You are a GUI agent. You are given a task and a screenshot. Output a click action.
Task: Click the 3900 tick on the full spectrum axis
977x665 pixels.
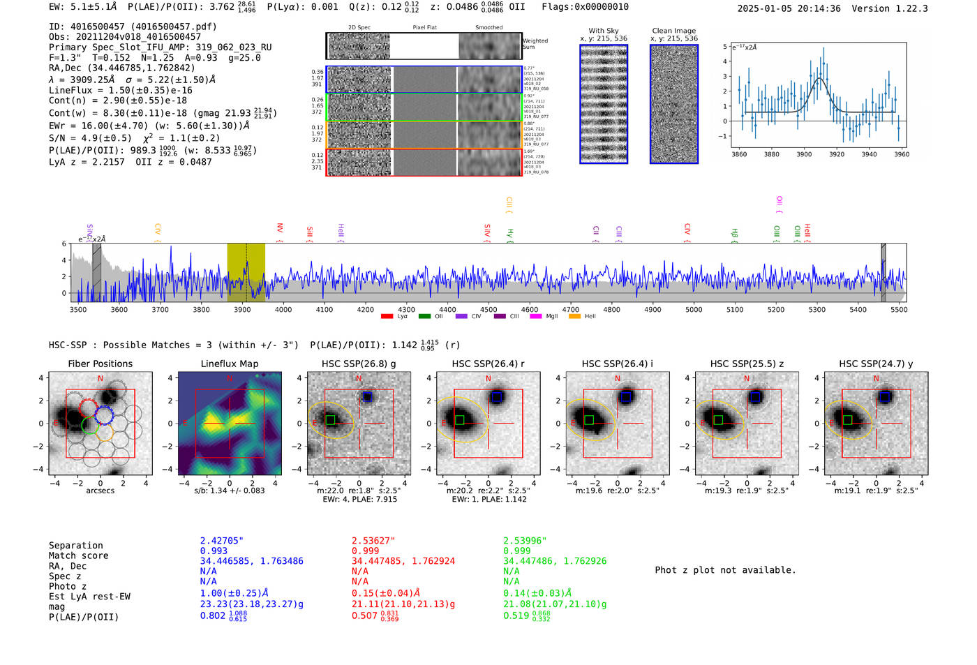click(x=242, y=310)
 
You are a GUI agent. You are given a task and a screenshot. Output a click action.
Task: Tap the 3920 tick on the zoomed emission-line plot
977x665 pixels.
click(x=837, y=154)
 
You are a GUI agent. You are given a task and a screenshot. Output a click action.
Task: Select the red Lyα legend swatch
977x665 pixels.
click(x=387, y=317)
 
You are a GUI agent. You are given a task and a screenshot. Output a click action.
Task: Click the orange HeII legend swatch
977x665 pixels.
click(x=575, y=317)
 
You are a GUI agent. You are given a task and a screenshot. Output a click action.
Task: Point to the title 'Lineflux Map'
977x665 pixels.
click(x=230, y=364)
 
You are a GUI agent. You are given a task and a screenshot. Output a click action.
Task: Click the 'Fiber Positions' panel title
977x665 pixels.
click(x=100, y=364)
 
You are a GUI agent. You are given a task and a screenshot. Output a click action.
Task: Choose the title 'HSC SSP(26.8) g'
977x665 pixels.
click(x=359, y=364)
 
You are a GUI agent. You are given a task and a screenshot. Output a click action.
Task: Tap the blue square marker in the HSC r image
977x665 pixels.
click(x=497, y=397)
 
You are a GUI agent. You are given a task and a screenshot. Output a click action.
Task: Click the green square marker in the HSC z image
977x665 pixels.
click(x=718, y=420)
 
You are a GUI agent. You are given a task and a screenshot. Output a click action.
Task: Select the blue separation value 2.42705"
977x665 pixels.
click(x=222, y=541)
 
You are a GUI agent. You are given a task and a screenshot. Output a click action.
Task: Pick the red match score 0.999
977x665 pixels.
click(x=366, y=551)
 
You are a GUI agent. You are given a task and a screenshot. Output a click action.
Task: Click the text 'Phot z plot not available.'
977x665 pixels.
click(x=725, y=570)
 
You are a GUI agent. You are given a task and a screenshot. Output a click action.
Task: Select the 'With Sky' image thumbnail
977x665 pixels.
click(x=604, y=104)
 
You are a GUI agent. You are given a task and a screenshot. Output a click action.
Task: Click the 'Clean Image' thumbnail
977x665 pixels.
click(x=674, y=104)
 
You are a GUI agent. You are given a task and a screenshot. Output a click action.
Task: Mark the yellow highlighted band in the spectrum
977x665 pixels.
click(x=246, y=272)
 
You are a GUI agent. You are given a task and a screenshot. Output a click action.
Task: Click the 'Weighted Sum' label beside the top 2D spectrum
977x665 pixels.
click(x=535, y=44)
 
